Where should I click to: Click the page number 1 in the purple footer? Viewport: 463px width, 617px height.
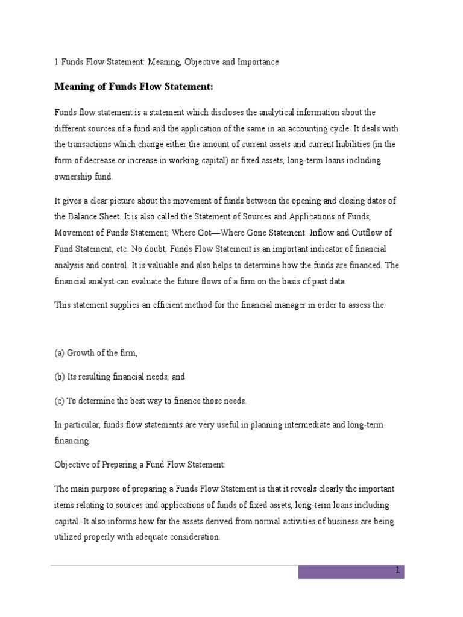[397, 570]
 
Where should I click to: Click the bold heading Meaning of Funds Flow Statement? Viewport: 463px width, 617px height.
[134, 87]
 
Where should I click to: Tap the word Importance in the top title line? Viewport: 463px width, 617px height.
[259, 62]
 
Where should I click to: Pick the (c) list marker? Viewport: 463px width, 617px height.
[60, 401]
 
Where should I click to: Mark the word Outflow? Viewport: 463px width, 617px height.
[367, 232]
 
